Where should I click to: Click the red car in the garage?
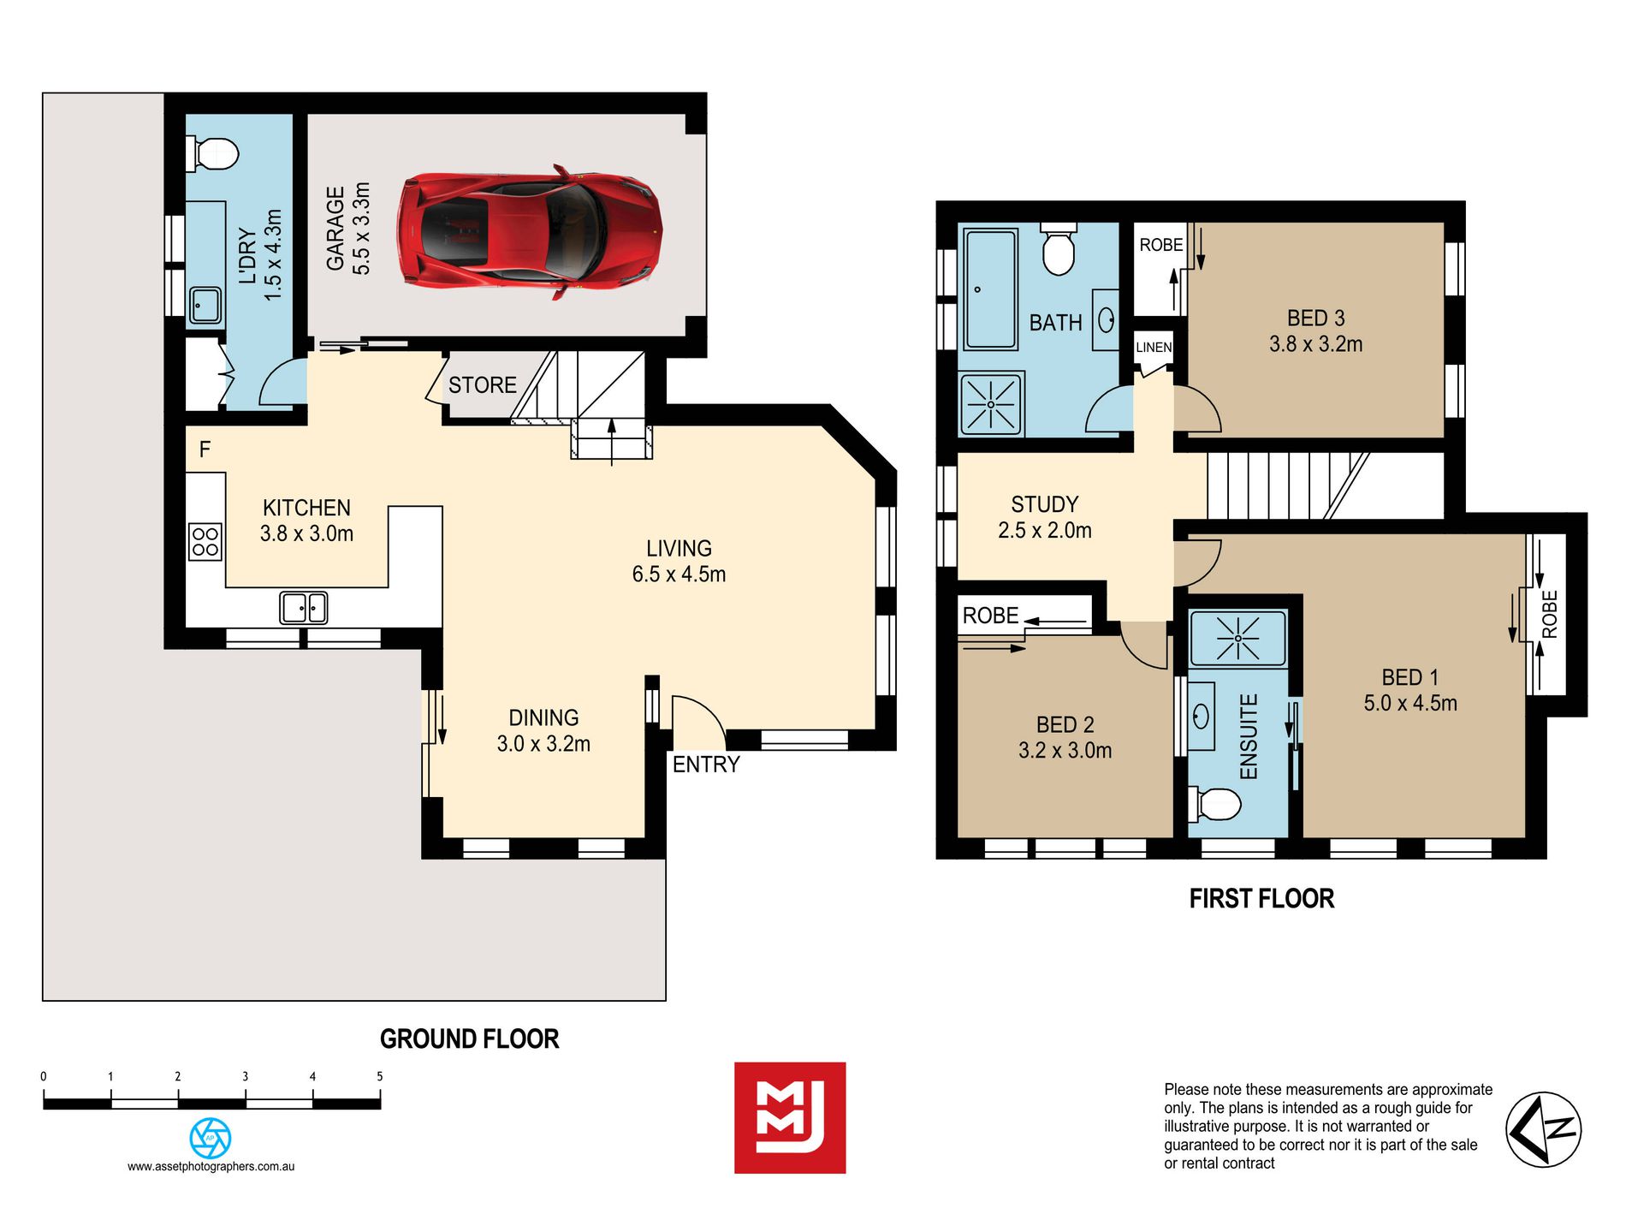[x=529, y=231]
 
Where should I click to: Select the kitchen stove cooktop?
[x=205, y=542]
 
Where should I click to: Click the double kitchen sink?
[x=304, y=608]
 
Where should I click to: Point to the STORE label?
[x=483, y=385]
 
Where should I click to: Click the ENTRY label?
[x=706, y=765]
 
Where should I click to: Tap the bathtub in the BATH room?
[x=990, y=289]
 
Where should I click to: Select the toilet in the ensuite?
[x=1215, y=804]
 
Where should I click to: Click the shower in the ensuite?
[x=1237, y=638]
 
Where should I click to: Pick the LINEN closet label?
[x=1154, y=348]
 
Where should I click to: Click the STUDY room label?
[x=1045, y=504]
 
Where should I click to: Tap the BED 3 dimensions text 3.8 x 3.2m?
[x=1316, y=344]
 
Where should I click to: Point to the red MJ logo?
[x=790, y=1118]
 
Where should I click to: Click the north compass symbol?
[x=1544, y=1129]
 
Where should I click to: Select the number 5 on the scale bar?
[x=380, y=1077]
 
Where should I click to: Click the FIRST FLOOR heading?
[x=1262, y=899]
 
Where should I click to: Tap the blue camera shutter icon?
[x=211, y=1139]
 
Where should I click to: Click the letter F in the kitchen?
[x=205, y=449]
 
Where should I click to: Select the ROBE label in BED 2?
[x=991, y=616]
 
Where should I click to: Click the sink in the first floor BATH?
[x=1106, y=320]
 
